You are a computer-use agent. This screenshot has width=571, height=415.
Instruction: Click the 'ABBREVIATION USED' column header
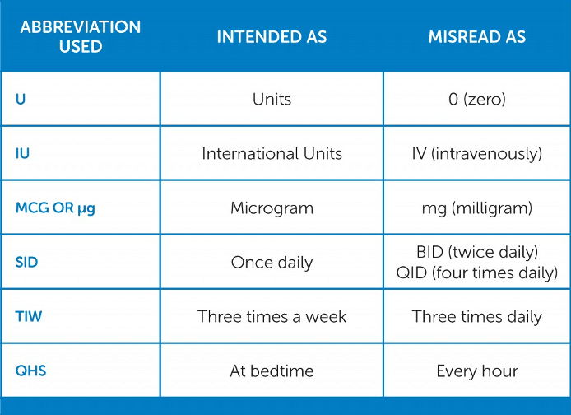(80, 36)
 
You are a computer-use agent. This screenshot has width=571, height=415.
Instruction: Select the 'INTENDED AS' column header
(272, 37)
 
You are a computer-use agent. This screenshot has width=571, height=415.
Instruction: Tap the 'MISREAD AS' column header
(477, 37)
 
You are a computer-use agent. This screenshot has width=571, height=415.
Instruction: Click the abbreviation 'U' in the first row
(21, 99)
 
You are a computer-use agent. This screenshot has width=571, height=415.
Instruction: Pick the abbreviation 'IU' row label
(23, 153)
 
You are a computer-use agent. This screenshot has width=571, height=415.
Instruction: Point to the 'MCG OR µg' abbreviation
(55, 207)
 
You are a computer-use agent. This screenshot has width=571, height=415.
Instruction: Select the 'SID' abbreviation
(27, 263)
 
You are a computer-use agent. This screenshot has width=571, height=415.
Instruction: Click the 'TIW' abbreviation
(28, 316)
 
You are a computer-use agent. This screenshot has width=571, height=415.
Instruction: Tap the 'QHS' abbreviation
(30, 371)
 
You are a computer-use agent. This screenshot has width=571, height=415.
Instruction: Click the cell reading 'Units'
(272, 99)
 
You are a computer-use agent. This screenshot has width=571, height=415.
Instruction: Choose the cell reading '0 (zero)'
(477, 99)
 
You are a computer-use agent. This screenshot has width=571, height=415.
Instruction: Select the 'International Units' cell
(272, 153)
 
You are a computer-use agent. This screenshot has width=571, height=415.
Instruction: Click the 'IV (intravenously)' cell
(477, 153)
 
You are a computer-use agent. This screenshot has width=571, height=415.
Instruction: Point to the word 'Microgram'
(272, 207)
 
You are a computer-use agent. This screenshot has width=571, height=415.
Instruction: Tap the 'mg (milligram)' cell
(477, 207)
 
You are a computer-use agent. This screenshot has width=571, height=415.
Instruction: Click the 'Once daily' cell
(272, 263)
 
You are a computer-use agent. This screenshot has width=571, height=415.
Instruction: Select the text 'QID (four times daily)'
(477, 273)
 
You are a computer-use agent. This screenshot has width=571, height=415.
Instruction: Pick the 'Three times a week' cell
(272, 316)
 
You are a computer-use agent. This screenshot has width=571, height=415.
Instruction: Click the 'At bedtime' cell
(272, 371)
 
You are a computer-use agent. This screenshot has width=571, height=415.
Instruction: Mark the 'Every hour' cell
(477, 371)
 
